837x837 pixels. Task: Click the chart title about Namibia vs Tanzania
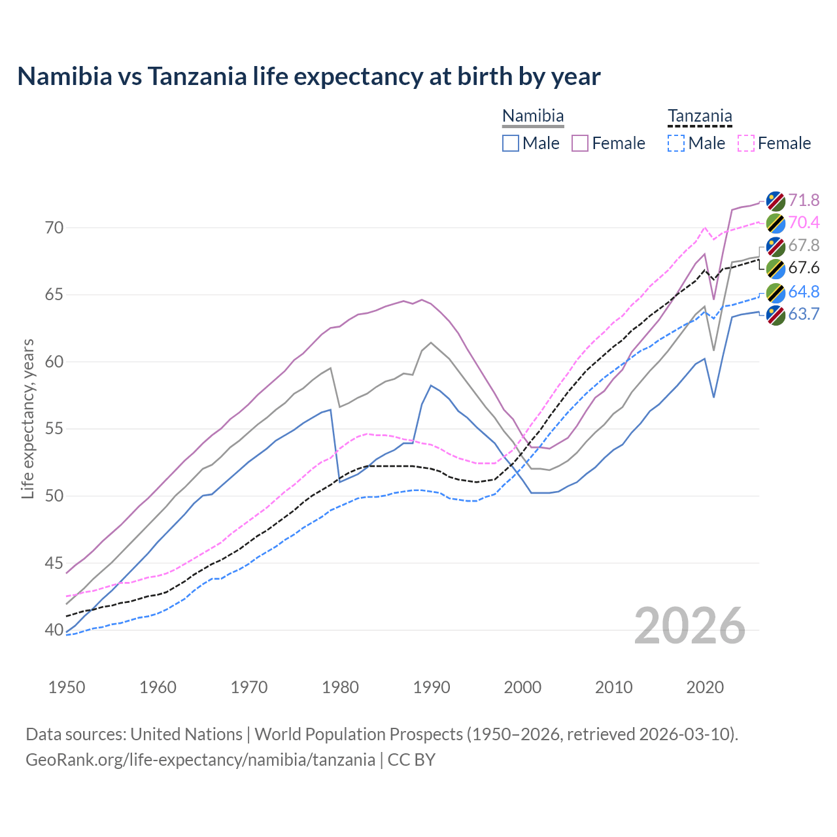tap(309, 77)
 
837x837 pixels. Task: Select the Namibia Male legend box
tap(511, 143)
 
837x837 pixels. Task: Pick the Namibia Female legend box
tap(580, 143)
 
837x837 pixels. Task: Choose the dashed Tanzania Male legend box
tap(676, 143)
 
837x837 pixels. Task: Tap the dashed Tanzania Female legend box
tap(746, 143)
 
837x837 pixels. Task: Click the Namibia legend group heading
tap(533, 116)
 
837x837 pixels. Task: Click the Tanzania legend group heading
tap(700, 116)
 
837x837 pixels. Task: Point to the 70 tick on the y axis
tap(55, 228)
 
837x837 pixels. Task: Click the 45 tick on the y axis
tap(55, 563)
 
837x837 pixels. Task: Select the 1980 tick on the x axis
tap(341, 687)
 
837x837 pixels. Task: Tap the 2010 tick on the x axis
tap(614, 687)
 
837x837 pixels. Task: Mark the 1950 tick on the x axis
tap(67, 687)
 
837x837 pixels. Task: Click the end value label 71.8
tap(804, 200)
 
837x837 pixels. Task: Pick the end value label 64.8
tap(804, 292)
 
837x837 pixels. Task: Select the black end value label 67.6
tap(804, 268)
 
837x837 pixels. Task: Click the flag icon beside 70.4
tap(776, 223)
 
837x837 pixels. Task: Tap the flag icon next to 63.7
tap(776, 315)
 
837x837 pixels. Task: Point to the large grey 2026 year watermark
tap(690, 626)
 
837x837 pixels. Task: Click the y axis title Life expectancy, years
tap(28, 418)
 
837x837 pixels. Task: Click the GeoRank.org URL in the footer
tap(200, 760)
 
